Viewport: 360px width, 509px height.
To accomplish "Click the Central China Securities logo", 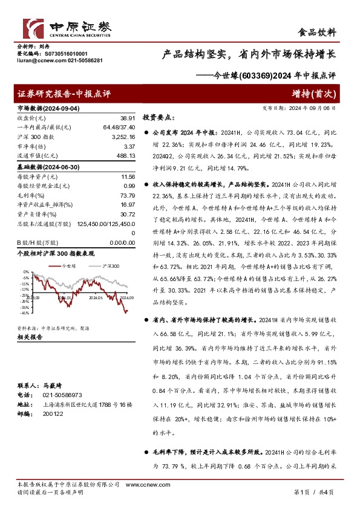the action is (x=67, y=28).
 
